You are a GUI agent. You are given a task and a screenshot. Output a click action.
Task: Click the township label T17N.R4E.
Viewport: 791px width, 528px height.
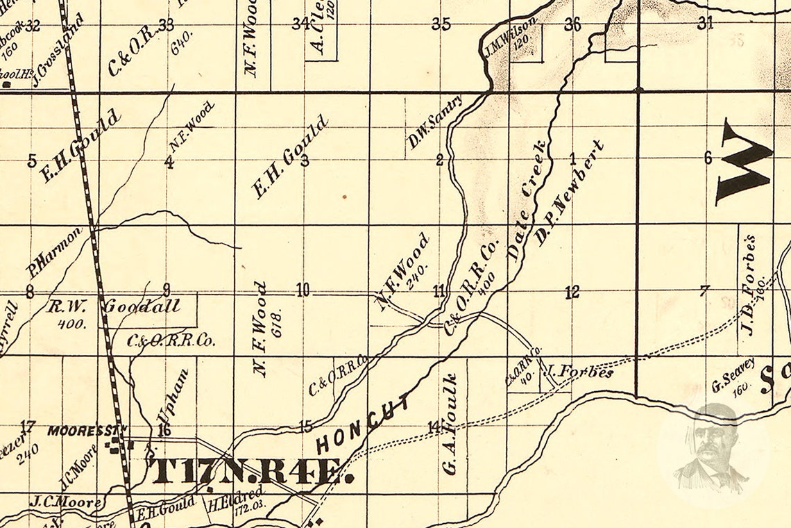click(x=252, y=470)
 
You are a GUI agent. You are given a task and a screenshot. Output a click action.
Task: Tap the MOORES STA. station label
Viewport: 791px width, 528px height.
click(x=87, y=431)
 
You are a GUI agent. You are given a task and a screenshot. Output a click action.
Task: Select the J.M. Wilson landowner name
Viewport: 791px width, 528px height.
click(x=511, y=38)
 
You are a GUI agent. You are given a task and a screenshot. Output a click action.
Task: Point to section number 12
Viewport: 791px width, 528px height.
click(x=572, y=292)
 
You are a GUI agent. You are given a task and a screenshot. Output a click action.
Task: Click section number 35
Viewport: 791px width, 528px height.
click(x=441, y=24)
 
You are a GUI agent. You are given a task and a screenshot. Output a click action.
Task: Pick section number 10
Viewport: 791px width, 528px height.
click(x=303, y=290)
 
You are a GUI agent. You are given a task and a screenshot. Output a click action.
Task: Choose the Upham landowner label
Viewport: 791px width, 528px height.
click(x=173, y=396)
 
